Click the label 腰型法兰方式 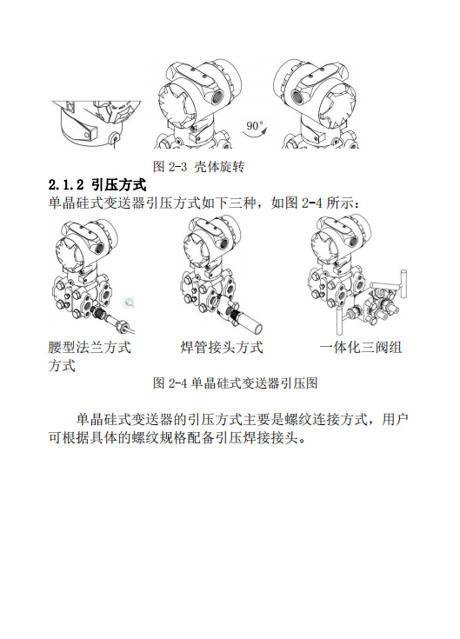(90, 348)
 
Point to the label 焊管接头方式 (222, 348)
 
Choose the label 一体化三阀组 (361, 348)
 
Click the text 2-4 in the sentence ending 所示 (313, 203)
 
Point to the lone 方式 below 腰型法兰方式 (62, 366)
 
